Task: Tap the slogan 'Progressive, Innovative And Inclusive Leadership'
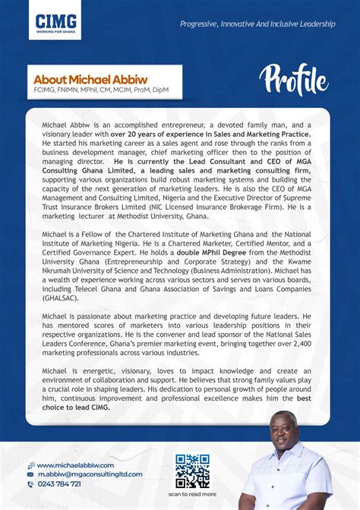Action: click(257, 24)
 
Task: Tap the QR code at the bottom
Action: click(192, 470)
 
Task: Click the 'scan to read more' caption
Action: click(192, 494)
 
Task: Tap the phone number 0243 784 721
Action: click(58, 483)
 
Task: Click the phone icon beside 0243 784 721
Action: click(30, 483)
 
